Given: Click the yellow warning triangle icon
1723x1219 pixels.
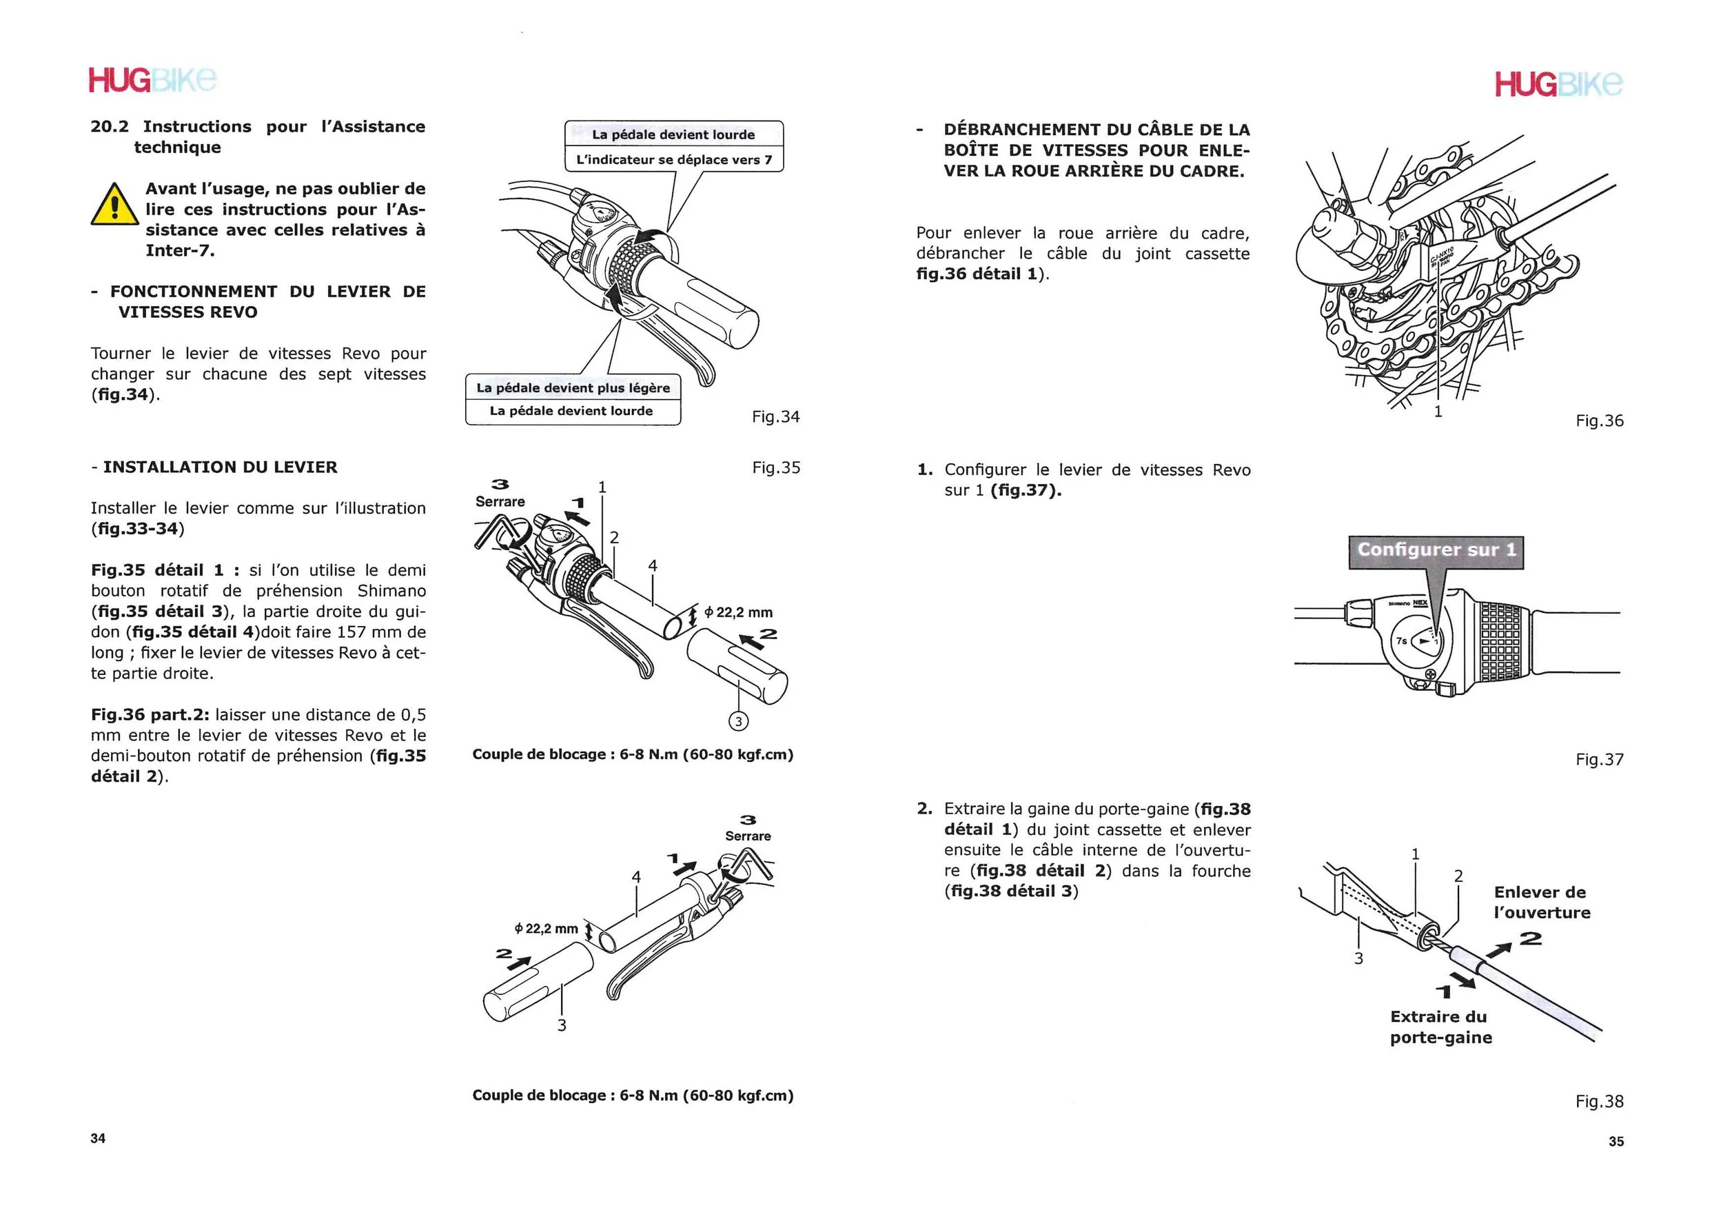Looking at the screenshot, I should coord(115,205).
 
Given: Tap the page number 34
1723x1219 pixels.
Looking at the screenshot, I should coord(98,1138).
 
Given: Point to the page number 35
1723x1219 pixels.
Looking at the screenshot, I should coord(1615,1141).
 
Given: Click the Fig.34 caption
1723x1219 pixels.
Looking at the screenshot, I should coord(776,416).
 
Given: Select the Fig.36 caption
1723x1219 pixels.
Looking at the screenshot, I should coord(1599,421).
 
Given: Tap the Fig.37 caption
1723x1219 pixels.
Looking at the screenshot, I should coord(1599,760).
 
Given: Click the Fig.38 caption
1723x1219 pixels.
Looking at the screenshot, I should coord(1599,1101).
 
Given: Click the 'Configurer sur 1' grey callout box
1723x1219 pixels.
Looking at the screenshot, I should coord(1436,550).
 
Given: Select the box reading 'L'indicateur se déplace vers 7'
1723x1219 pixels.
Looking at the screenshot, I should coord(673,160).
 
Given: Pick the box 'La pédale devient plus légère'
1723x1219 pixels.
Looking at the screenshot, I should coord(573,388).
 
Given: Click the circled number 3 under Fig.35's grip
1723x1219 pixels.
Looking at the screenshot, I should coord(738,721).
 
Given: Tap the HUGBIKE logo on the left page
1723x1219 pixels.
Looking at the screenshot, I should coord(152,80).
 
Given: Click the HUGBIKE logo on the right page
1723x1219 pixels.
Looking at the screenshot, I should coord(1558,84).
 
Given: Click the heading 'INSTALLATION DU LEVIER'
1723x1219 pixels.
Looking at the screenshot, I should coord(220,467).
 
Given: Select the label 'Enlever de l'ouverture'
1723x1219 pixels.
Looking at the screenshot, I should coord(1541,903).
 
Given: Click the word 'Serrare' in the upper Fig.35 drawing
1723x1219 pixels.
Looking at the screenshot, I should coord(500,501).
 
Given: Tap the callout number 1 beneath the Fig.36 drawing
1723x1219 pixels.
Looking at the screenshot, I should coord(1438,412).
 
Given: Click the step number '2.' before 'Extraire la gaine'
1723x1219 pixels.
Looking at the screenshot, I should coord(924,808).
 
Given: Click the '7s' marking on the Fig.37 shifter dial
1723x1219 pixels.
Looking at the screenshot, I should coord(1401,641).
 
